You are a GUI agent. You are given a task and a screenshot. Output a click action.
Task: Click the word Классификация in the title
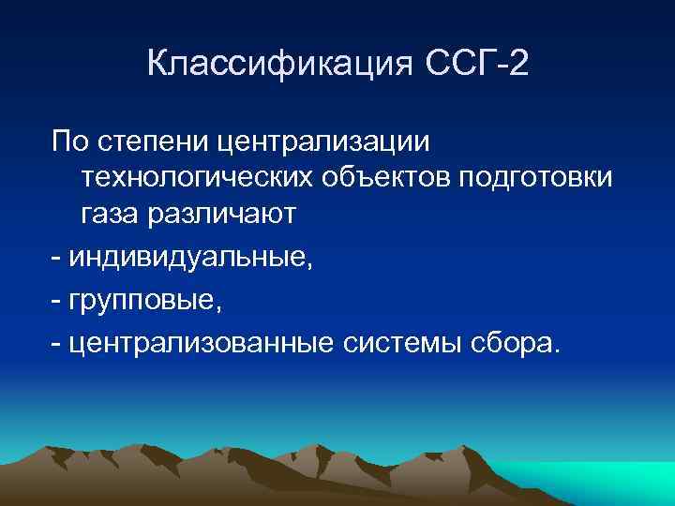coord(272,66)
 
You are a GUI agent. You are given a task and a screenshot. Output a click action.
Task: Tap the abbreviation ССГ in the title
coord(451,66)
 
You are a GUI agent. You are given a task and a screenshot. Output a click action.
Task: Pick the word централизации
coord(322,144)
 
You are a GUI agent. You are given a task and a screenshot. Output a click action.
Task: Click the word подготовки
coord(535,179)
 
